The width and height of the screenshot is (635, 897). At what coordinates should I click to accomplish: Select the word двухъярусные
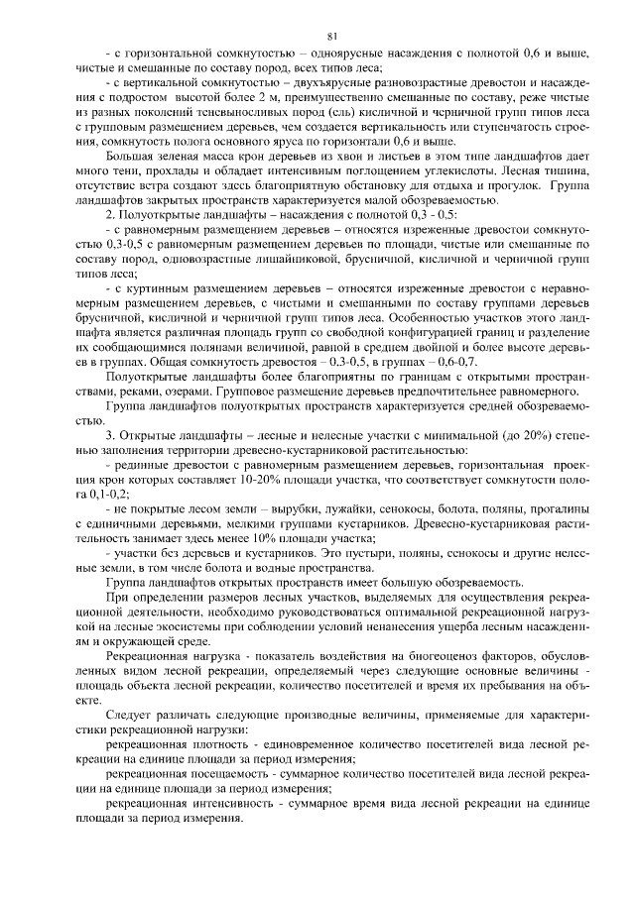point(370,79)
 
